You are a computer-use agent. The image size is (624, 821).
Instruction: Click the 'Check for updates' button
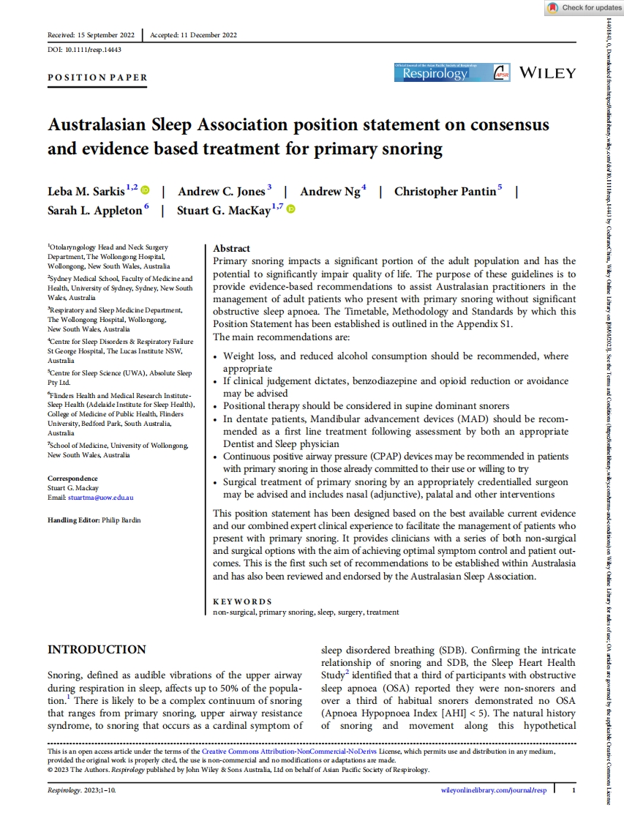coord(584,8)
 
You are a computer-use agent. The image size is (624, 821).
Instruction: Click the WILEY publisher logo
coord(547,73)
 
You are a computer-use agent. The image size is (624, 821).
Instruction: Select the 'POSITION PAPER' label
coord(97,78)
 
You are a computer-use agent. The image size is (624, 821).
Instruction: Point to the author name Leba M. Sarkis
coord(86,192)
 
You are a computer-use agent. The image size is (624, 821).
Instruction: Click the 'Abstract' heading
coord(230,249)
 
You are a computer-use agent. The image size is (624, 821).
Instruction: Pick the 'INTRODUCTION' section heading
coord(97,650)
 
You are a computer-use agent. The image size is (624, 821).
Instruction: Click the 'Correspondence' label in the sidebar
coord(72,479)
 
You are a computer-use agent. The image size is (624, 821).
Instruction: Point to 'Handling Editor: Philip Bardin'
coord(94,520)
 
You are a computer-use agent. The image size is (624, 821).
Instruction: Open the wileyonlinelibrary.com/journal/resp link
coord(495,790)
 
